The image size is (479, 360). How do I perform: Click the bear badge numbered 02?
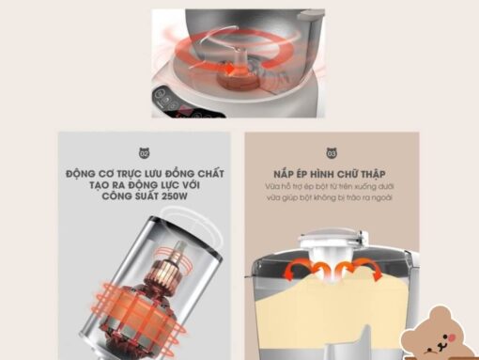tap(144, 153)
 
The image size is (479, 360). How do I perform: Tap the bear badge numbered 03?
tap(332, 153)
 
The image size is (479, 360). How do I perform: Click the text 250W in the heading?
tap(175, 196)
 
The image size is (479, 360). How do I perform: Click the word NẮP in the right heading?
tap(283, 174)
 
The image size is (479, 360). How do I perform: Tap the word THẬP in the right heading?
tap(373, 174)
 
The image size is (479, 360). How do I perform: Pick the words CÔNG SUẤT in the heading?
tap(131, 196)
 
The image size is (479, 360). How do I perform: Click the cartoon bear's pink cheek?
tap(452, 337)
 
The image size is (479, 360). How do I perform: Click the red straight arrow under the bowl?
tap(213, 66)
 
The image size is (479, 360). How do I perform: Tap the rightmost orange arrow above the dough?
tap(370, 269)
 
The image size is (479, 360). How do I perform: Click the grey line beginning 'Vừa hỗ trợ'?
tap(330, 186)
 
